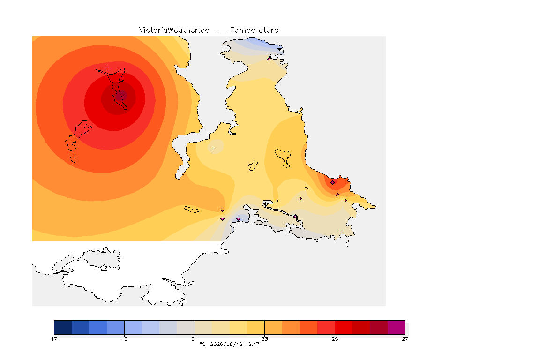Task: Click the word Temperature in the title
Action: click(254, 30)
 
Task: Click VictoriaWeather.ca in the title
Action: click(174, 30)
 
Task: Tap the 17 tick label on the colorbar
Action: click(54, 339)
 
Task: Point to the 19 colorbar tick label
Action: click(124, 339)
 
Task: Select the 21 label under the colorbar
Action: click(195, 339)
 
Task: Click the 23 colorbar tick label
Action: click(264, 339)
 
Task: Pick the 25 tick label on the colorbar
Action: click(335, 339)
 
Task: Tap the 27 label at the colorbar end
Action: click(405, 339)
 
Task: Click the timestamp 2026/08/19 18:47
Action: click(234, 344)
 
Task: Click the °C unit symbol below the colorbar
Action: click(202, 344)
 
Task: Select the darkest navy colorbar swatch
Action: click(63, 327)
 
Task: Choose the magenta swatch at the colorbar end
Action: click(397, 327)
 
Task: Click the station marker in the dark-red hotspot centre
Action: click(121, 94)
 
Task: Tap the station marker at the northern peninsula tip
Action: click(270, 59)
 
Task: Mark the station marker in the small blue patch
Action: click(238, 219)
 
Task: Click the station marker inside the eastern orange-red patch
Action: click(333, 183)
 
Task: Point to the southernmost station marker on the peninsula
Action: click(341, 231)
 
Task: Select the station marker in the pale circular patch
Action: click(212, 149)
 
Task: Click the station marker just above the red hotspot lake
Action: click(108, 69)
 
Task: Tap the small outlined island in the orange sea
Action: click(192, 210)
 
